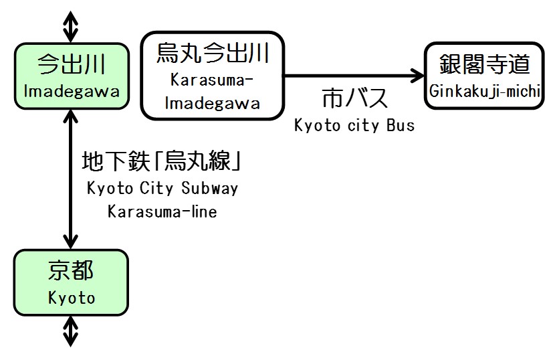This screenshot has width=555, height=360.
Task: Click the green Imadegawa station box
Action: point(71,76)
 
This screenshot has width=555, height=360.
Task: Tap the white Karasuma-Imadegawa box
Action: point(213,75)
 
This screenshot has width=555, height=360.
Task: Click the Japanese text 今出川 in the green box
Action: point(71,65)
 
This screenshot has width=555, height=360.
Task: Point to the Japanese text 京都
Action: point(71,271)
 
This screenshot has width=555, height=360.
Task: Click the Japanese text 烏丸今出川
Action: point(213,53)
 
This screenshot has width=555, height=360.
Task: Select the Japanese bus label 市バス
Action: point(354,99)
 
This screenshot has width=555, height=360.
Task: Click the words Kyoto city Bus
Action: point(354,125)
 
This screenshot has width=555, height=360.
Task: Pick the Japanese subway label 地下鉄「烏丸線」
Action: point(160,162)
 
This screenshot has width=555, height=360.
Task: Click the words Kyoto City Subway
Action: point(162,188)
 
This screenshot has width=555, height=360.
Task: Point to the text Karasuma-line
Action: point(162,211)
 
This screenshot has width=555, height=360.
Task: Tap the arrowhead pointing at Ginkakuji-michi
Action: point(418,75)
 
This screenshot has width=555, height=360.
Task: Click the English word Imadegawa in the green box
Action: point(71,91)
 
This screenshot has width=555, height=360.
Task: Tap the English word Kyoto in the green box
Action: point(71,298)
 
